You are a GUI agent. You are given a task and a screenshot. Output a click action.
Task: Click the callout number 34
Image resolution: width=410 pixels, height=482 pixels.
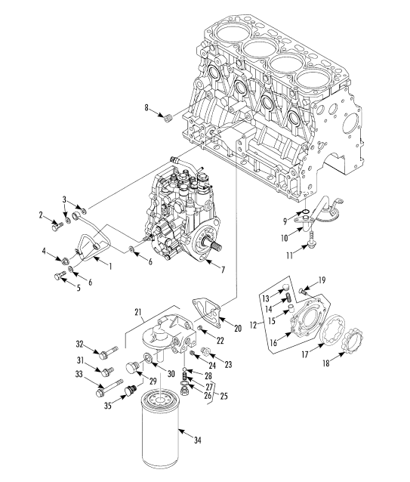(x=198, y=440)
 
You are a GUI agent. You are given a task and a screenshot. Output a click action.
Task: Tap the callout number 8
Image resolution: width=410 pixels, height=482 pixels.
(x=146, y=107)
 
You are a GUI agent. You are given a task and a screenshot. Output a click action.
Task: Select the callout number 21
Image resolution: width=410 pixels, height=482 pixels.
(x=138, y=312)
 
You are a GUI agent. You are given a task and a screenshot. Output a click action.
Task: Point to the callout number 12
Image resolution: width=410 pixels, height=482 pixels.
(x=253, y=325)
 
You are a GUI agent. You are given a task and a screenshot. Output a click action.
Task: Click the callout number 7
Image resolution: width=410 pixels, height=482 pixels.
(x=223, y=270)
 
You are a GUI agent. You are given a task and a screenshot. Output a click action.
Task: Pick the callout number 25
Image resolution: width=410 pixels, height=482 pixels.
(x=224, y=396)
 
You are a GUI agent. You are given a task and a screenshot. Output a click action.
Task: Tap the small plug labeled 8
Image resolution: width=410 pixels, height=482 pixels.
(x=168, y=118)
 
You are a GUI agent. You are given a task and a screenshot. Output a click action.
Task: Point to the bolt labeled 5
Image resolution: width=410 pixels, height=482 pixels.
(x=60, y=276)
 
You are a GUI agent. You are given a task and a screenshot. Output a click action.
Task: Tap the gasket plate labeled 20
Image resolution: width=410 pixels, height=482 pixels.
(x=207, y=312)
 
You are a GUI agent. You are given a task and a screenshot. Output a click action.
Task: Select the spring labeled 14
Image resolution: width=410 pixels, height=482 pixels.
(x=288, y=298)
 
